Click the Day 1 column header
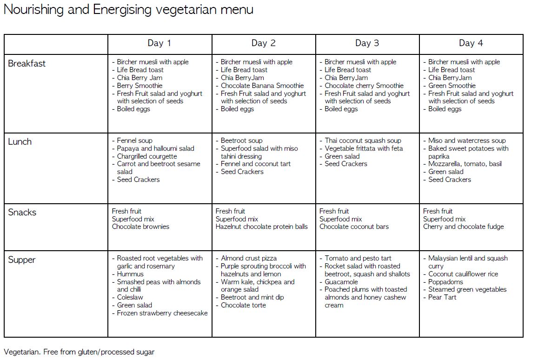point(159,43)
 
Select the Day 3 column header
point(367,43)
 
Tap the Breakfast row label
point(27,64)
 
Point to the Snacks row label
point(22,213)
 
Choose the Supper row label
point(22,260)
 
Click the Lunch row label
point(20,142)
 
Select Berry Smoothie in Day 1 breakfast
point(139,86)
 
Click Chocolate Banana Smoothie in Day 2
point(262,86)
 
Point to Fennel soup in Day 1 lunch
point(134,140)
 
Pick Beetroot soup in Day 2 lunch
point(241,140)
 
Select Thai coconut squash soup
point(363,140)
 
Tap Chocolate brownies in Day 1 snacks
point(140,227)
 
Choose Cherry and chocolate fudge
point(463,227)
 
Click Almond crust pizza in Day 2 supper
point(248,258)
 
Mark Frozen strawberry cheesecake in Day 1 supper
point(162,313)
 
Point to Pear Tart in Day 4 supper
point(442,297)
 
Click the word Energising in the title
point(119,10)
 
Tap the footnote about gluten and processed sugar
point(79,352)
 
